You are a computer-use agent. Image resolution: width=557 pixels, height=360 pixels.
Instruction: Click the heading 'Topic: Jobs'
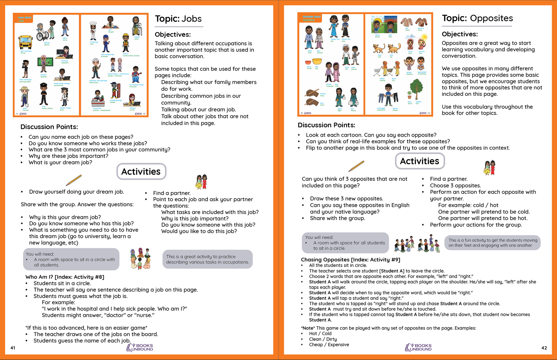pyautogui.click(x=178, y=19)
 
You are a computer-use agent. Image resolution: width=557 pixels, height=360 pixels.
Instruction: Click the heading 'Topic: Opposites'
pyautogui.click(x=477, y=18)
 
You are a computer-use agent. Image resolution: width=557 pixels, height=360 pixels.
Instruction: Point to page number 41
pyautogui.click(x=13, y=348)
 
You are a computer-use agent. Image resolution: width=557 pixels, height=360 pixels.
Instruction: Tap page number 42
pyautogui.click(x=544, y=348)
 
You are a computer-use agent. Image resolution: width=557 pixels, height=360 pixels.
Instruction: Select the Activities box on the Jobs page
pyautogui.click(x=141, y=171)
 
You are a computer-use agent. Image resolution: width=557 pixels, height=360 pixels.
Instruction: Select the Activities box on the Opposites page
pyautogui.click(x=420, y=161)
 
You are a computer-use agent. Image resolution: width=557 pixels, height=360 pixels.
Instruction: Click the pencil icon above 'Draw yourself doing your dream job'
pyautogui.click(x=74, y=180)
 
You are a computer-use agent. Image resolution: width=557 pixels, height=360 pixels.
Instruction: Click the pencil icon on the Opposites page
pyautogui.click(x=356, y=166)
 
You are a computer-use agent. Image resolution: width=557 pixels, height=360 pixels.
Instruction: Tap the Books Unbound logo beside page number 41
pyautogui.click(x=140, y=347)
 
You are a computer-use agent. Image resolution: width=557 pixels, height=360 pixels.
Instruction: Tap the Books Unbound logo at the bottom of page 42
pyautogui.click(x=418, y=347)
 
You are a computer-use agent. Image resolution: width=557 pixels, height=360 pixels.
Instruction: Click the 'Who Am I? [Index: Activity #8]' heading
pyautogui.click(x=65, y=277)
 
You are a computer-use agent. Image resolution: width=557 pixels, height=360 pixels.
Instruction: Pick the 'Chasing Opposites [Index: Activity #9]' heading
pyautogui.click(x=350, y=260)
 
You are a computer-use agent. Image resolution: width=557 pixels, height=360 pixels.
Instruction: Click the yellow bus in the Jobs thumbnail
pyautogui.click(x=25, y=42)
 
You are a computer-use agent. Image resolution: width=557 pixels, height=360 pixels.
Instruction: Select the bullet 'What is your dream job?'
pyautogui.click(x=60, y=163)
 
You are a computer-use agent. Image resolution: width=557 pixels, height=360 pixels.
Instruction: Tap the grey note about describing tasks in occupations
pyautogui.click(x=208, y=259)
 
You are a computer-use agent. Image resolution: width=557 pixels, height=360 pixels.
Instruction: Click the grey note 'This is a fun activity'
pyautogui.click(x=493, y=243)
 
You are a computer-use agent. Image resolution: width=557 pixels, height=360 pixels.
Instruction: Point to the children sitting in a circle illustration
pyautogui.click(x=140, y=258)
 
